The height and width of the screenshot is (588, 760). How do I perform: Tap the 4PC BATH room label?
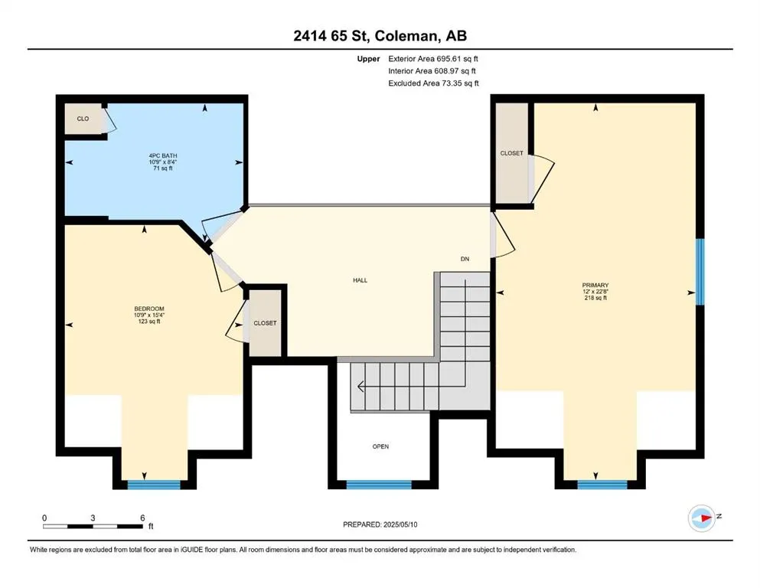point(163,155)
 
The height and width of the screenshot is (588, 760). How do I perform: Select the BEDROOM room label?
point(148,309)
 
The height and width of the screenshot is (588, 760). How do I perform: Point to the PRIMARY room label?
point(595,286)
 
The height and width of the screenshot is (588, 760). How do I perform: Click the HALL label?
point(360,280)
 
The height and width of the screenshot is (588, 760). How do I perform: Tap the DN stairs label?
point(465,259)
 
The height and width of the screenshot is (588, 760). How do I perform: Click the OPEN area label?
point(380,446)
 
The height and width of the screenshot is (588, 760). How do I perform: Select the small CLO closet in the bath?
point(83,119)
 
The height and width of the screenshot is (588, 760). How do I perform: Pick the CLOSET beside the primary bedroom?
point(512,153)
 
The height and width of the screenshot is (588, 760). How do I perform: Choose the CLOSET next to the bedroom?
point(265,323)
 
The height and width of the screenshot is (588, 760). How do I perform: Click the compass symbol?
point(702,518)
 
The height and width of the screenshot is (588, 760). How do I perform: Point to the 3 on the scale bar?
point(93,518)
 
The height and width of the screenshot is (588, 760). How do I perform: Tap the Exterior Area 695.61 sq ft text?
point(433,59)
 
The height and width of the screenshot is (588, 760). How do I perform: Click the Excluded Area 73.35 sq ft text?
point(433,83)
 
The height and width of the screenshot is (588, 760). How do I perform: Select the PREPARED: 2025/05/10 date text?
point(380,524)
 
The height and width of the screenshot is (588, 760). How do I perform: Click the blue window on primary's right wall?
point(700,272)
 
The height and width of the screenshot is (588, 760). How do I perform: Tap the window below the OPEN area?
point(379,485)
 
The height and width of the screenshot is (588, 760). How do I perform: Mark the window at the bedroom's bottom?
point(154,485)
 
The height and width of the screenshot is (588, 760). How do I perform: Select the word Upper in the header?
point(368,59)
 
